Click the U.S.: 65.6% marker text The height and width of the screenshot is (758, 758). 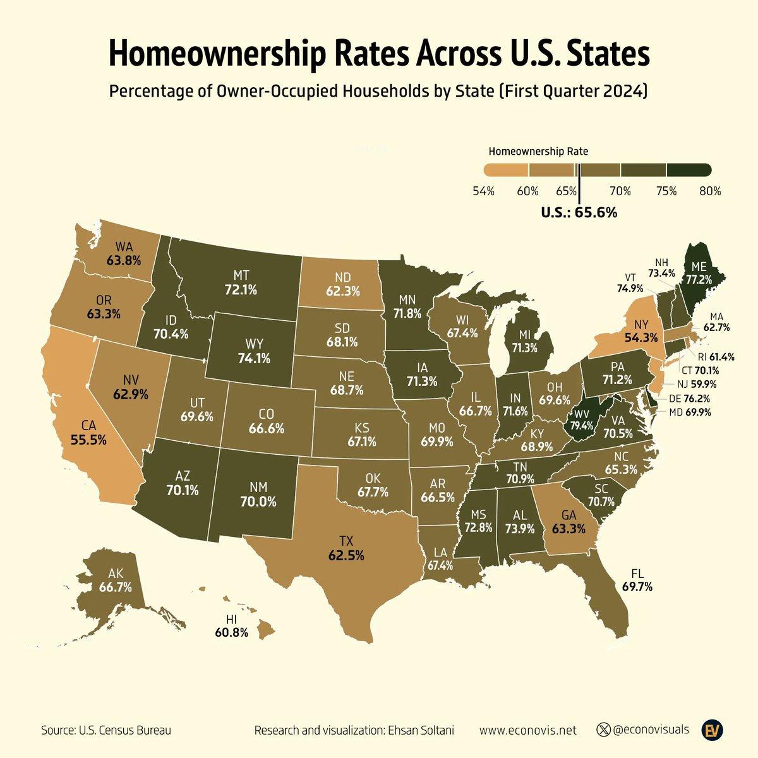pos(579,214)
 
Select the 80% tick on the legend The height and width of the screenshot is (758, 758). pos(710,190)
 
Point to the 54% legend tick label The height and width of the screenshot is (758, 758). pos(483,190)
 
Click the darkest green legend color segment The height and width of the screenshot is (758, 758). pos(689,169)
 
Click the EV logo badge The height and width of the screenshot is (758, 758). pos(715,730)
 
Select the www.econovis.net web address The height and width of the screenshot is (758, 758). pos(528,731)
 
